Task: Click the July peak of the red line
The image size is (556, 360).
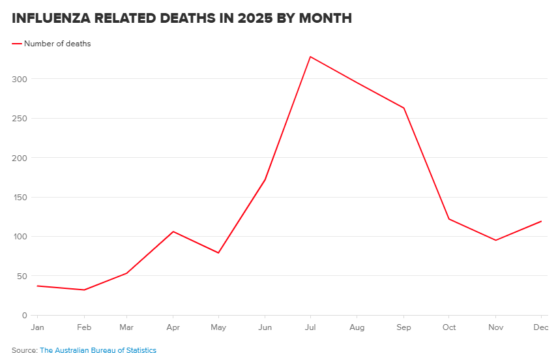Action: tap(310, 57)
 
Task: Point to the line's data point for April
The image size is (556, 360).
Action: tap(173, 232)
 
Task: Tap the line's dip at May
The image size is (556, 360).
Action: tap(218, 252)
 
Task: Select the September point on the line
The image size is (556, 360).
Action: tap(404, 108)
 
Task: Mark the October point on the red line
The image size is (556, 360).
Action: tap(449, 218)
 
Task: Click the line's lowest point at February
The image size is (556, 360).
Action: tap(84, 290)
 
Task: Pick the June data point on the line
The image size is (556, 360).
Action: tap(265, 179)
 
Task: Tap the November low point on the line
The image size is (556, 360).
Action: tap(495, 240)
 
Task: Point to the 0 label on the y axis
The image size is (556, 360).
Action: tap(23, 315)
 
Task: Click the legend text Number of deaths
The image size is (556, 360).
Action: tap(57, 44)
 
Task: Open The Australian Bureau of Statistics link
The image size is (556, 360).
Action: tap(98, 350)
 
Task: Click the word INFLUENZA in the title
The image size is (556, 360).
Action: tap(51, 18)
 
